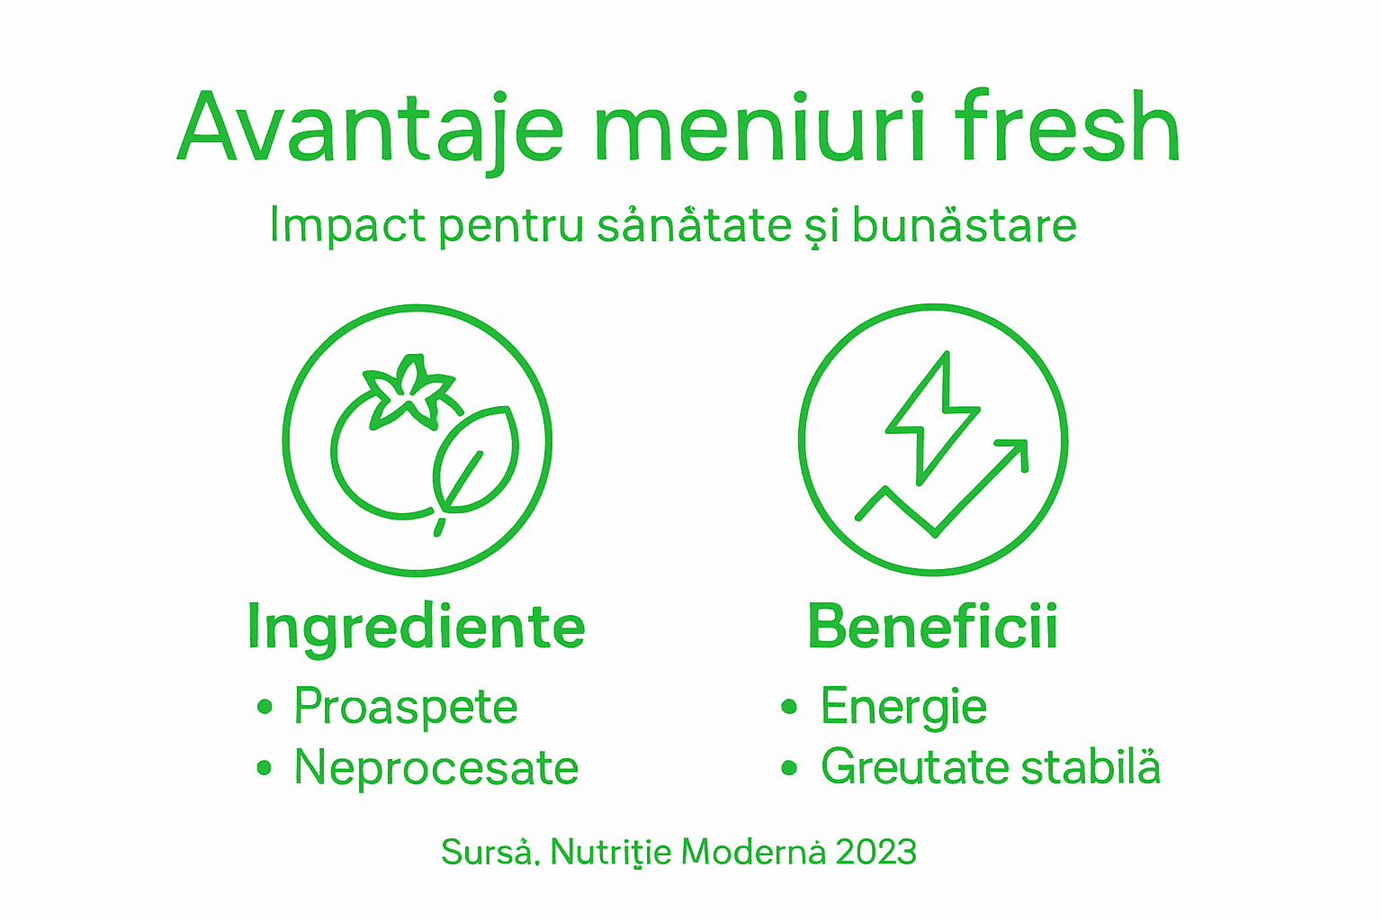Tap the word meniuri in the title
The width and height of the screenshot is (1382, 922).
(760, 128)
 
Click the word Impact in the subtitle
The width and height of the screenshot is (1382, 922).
(347, 225)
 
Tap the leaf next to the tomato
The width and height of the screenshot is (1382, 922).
(477, 459)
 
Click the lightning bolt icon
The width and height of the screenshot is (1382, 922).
(931, 414)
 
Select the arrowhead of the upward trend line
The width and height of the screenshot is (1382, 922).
(1015, 450)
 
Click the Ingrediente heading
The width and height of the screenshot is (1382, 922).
(416, 627)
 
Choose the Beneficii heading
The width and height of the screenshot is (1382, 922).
(932, 627)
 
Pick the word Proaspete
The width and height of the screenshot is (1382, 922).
(406, 707)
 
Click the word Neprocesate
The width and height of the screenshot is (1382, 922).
(436, 768)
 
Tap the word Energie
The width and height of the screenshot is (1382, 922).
(903, 707)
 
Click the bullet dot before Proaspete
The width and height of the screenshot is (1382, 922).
(264, 707)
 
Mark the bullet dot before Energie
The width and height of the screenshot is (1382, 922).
(789, 707)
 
